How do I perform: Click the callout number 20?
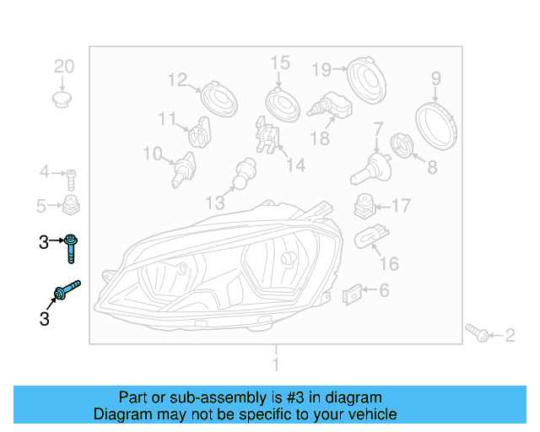(64, 67)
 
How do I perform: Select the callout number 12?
(177, 80)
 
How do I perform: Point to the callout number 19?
(323, 68)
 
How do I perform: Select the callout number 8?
(432, 167)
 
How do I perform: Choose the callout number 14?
(294, 165)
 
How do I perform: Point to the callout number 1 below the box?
(275, 364)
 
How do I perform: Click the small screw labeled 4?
(73, 178)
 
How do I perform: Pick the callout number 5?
(40, 205)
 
